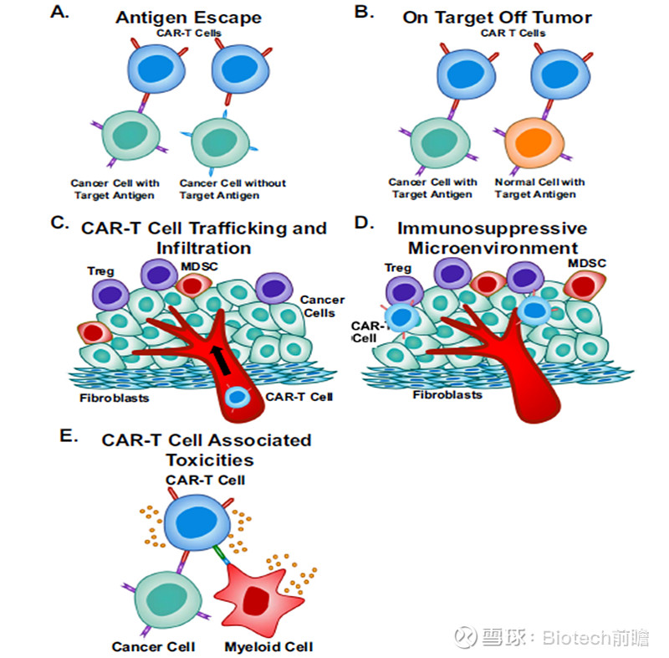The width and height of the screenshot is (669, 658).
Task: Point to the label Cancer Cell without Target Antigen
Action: point(232,189)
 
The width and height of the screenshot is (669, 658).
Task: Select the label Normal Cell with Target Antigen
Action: point(539,188)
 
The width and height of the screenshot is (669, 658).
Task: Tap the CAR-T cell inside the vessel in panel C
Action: point(239,396)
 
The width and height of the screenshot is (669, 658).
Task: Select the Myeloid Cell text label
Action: point(268,647)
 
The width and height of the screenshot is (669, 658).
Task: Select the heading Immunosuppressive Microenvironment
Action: point(493,239)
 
